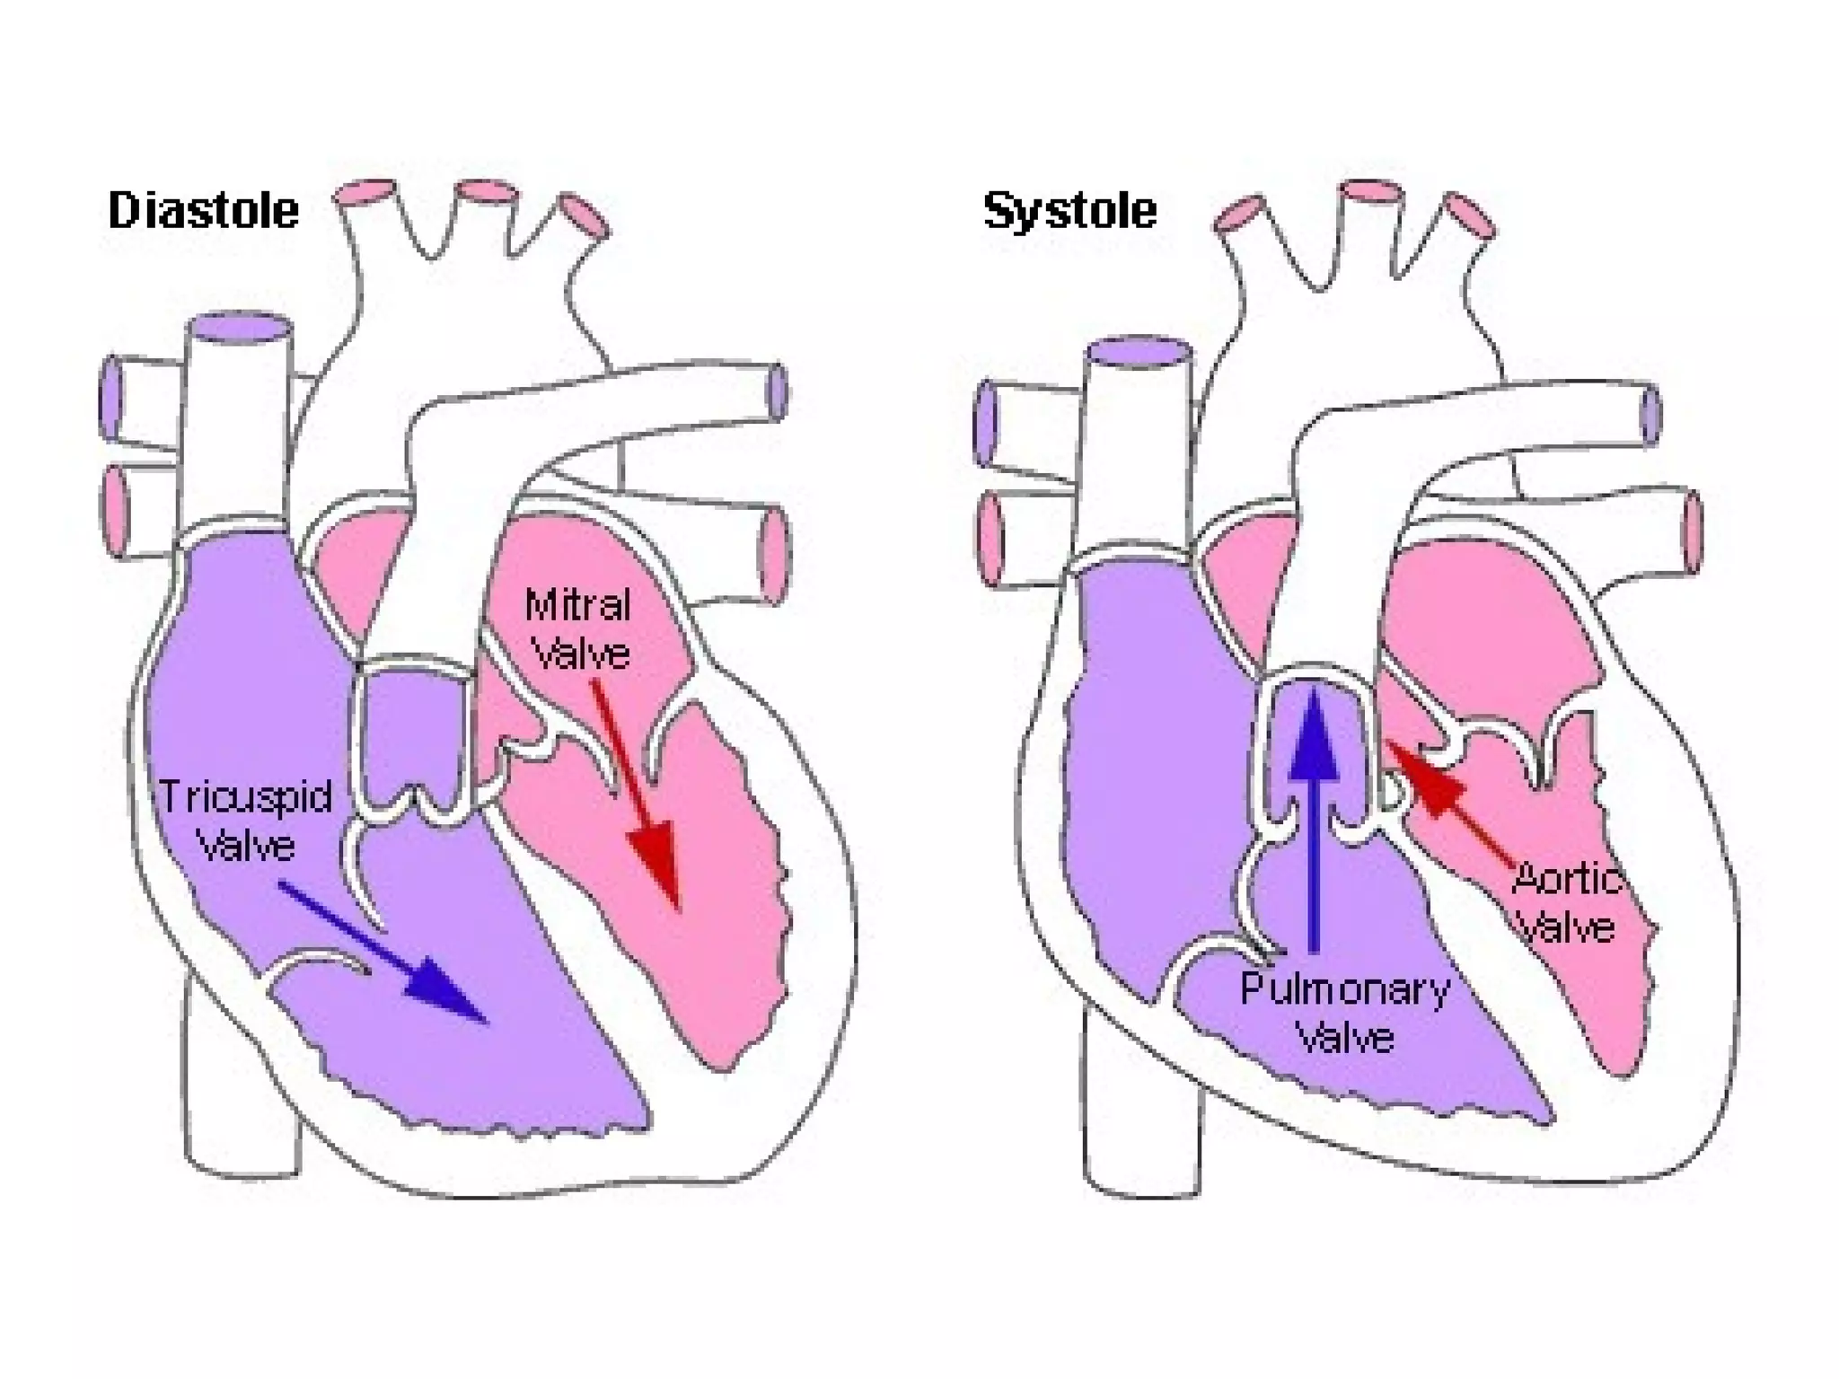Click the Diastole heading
coord(203,211)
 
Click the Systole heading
coord(1069,211)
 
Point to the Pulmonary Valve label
coord(1345,1013)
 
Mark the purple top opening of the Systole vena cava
coord(1139,350)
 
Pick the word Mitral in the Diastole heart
coord(577,605)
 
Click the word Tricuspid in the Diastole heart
coord(245,797)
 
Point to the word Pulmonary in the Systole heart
coord(1345,989)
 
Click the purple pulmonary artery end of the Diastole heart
coord(778,391)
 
